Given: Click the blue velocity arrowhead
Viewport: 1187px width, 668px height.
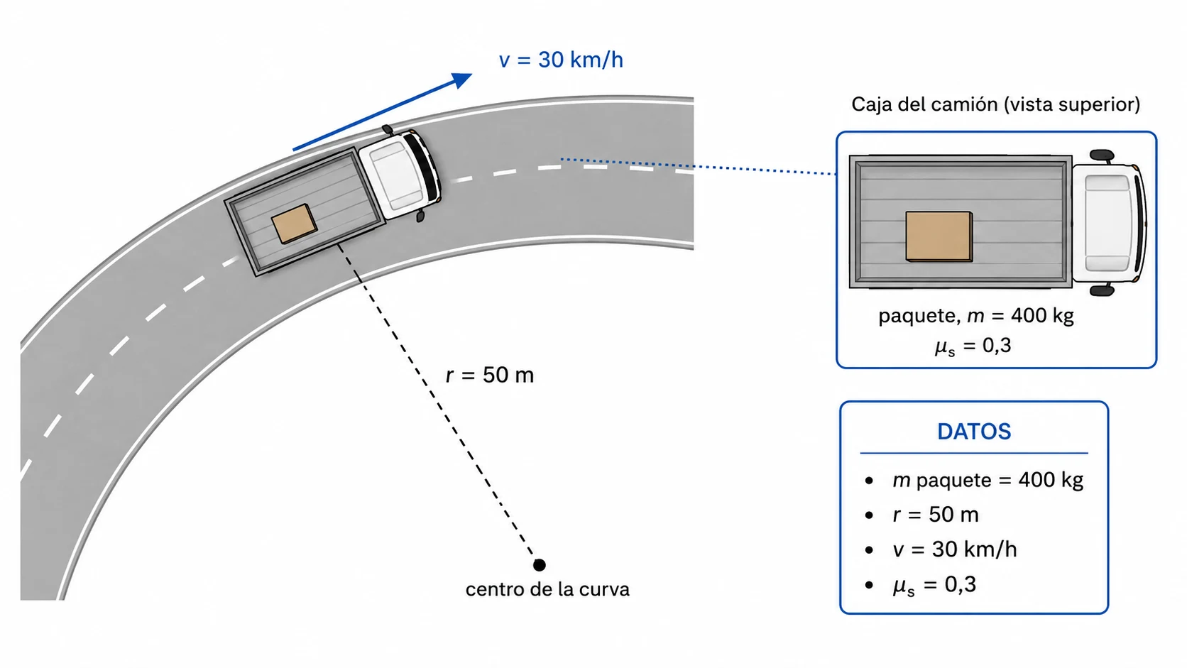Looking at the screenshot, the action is point(462,80).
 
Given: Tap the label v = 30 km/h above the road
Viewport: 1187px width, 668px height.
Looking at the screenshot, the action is point(561,60).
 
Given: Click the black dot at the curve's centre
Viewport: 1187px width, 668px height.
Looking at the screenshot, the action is point(539,565).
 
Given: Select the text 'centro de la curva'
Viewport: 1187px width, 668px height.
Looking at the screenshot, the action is point(547,589).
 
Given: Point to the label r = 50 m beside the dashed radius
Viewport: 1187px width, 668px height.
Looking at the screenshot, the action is point(490,375).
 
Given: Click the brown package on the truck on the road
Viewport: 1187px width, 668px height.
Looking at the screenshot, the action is point(294,224).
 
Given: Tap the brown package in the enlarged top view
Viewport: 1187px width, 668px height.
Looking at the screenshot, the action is point(939,236).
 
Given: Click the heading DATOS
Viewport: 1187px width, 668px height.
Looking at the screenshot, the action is point(974,432).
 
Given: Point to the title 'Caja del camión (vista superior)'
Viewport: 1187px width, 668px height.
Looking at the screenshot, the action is point(996,104).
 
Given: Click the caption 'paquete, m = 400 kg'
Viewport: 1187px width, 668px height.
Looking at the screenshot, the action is point(976,316).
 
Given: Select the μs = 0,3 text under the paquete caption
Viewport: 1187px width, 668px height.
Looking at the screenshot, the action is point(973,346).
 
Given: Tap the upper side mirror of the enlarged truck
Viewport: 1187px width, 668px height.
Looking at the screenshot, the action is point(1103,155).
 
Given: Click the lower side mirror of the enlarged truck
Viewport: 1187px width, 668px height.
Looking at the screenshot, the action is point(1103,290).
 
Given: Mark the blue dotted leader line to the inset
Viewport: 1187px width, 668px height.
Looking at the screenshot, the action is point(699,166).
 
